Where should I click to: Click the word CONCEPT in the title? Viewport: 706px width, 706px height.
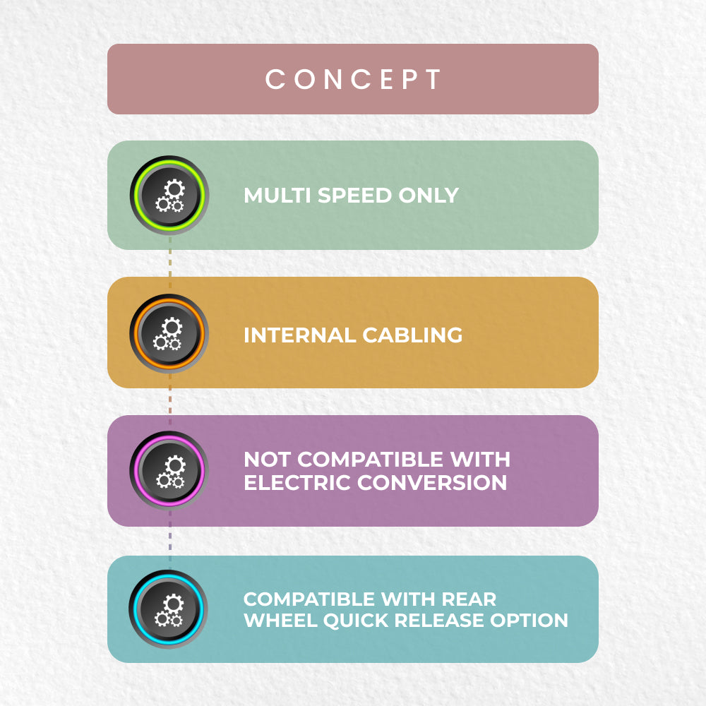353,79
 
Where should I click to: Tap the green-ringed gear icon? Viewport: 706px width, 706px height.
169,196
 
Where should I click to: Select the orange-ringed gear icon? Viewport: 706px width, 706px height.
169,334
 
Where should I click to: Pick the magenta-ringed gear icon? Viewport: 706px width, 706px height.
169,471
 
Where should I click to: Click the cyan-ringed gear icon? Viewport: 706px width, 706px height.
168,609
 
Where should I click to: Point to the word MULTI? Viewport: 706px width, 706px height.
277,196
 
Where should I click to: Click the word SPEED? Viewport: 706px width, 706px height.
355,196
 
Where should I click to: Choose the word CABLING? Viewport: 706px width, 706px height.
412,335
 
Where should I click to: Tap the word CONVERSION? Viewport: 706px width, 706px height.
432,483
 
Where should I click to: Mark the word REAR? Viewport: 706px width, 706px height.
469,599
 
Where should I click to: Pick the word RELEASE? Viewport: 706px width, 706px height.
439,621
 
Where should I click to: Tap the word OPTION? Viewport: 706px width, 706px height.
529,621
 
